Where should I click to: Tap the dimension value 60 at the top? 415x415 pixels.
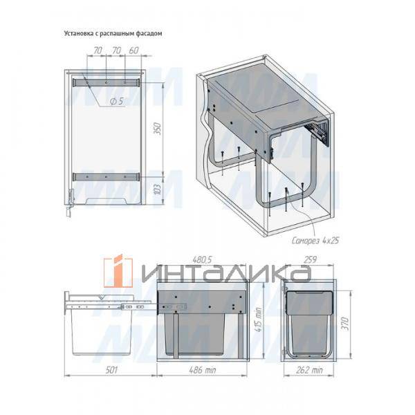coord(134,50)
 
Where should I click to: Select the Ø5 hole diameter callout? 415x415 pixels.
coord(117,101)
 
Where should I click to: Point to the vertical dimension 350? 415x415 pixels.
coord(158,129)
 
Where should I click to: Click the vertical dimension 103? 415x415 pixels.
coord(157,189)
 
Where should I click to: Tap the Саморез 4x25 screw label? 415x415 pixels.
coord(315,240)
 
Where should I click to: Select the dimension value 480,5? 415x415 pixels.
coord(203,259)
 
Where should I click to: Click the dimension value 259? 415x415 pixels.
coord(310,259)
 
